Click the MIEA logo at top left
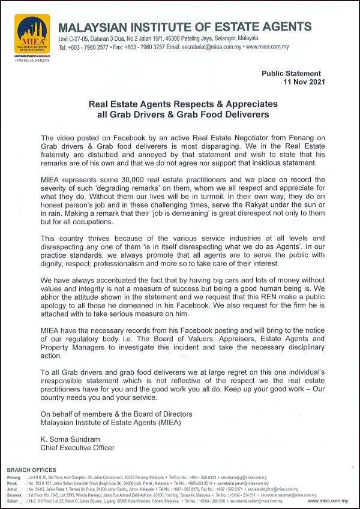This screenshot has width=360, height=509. (32, 35)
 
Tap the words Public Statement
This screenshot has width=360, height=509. (291, 73)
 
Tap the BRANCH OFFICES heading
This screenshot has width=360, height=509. (31, 469)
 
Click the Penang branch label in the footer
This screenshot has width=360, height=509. (14, 478)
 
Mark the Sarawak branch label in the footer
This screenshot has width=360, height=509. (15, 495)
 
